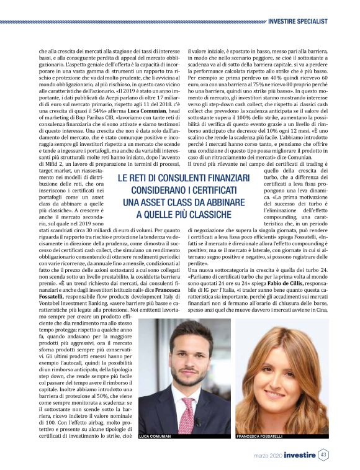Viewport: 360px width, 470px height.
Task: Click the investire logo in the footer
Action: (299, 456)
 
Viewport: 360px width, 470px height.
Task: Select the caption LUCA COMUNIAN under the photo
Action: (155, 436)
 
